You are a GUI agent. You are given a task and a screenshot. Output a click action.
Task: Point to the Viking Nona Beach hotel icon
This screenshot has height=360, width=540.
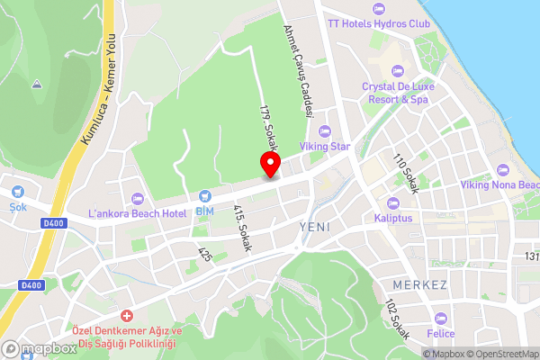[x=503, y=168]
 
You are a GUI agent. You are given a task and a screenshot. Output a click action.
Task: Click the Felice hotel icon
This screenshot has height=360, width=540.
[x=440, y=318]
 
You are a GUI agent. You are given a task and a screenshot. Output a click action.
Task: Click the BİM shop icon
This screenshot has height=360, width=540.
[x=204, y=194]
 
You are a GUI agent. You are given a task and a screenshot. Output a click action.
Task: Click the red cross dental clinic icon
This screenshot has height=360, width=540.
[x=126, y=316]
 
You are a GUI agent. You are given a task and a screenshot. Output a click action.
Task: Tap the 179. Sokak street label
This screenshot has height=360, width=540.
[x=267, y=129]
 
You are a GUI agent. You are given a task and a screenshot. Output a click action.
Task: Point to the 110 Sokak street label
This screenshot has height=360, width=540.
[x=407, y=173]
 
